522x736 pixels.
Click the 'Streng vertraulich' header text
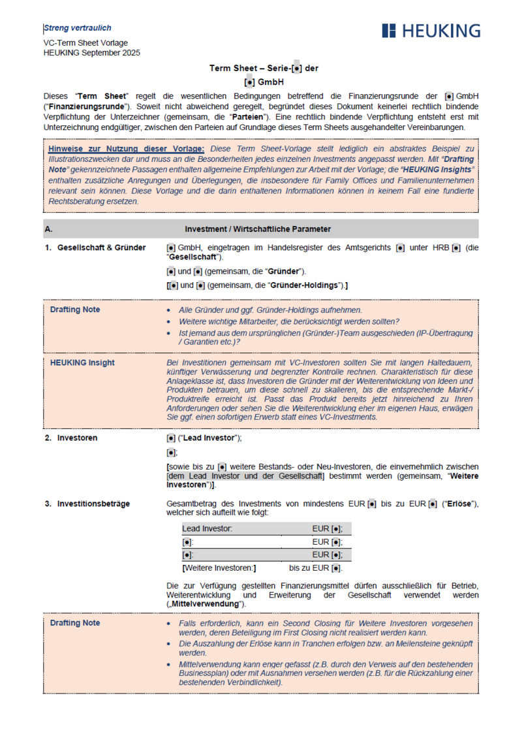click(x=78, y=28)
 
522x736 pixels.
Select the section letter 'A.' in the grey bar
click(x=49, y=229)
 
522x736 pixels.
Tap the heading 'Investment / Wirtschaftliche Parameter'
click(x=258, y=229)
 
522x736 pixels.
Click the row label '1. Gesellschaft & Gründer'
click(x=95, y=248)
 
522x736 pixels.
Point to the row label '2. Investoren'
click(x=71, y=438)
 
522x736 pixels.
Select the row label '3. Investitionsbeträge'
click(x=87, y=504)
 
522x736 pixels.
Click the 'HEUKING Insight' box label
click(x=82, y=362)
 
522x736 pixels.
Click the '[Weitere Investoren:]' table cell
click(x=219, y=568)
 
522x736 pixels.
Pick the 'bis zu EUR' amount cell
click(x=316, y=568)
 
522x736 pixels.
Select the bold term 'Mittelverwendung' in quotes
click(x=206, y=604)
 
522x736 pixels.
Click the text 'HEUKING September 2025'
click(x=91, y=53)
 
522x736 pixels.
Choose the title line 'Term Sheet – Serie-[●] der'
click(x=264, y=68)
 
